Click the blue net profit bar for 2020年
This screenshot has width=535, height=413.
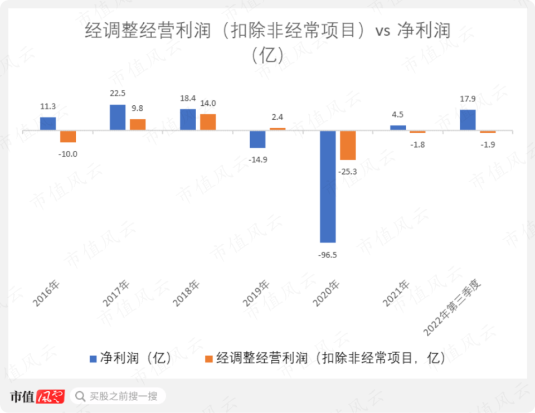coord(328,187)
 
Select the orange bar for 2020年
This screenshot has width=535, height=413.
coord(348,145)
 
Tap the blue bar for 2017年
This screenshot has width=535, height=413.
coord(118,118)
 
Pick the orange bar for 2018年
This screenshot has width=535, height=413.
coord(208,122)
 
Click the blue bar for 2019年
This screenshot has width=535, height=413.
coord(257,139)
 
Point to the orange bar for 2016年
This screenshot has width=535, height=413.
coord(68,137)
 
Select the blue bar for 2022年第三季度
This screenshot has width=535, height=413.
coord(468,120)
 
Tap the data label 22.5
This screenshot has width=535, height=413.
coord(118,94)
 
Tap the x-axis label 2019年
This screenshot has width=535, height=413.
coord(256,293)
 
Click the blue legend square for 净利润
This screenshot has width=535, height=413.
coord(94,358)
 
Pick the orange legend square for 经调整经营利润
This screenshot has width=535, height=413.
coord(210,358)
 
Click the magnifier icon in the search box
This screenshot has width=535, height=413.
coord(80,396)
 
